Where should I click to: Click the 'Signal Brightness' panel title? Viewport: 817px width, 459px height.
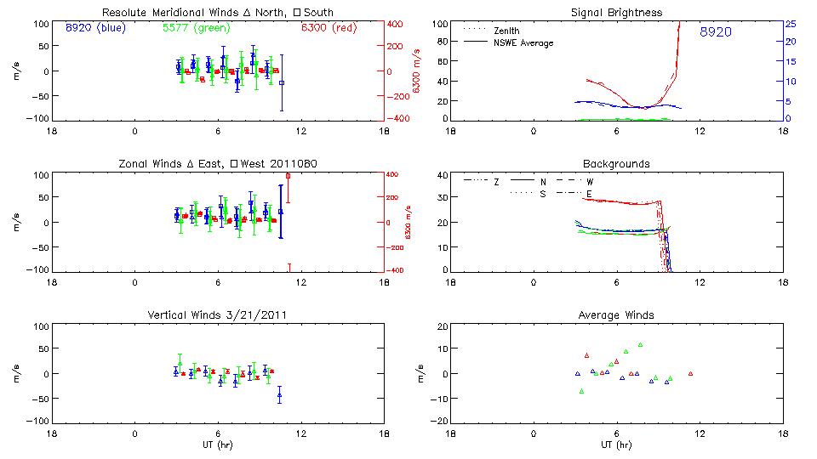pos(617,13)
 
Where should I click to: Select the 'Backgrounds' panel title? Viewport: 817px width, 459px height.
pos(617,163)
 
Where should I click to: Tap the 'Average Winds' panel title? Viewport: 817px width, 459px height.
pos(617,315)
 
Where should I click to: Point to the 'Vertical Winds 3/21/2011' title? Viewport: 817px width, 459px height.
pos(218,315)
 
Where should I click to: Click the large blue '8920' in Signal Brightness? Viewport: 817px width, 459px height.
pos(716,32)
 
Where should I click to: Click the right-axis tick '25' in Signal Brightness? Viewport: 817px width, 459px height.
pos(790,23)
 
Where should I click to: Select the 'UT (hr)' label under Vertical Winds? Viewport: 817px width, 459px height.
pos(218,445)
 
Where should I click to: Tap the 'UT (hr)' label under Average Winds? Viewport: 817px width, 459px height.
pos(617,445)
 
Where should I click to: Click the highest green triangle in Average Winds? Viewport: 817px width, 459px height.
pos(640,345)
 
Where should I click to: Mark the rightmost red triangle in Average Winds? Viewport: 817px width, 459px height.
pos(690,373)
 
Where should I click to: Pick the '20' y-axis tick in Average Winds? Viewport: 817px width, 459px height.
pos(441,326)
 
